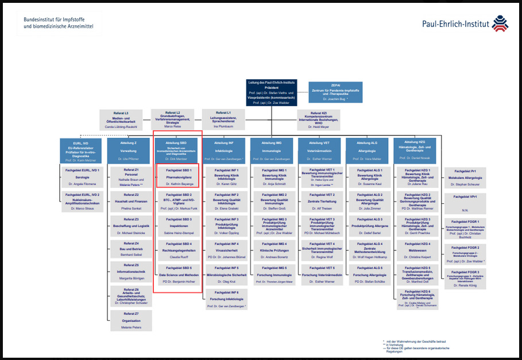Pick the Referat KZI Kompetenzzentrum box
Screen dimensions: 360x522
coord(319,119)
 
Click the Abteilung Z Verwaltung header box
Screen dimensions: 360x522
coord(128,149)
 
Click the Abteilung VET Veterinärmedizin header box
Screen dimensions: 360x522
coord(319,149)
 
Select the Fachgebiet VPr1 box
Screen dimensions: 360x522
coord(465,203)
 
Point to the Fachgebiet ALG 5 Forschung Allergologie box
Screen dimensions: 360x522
coord(369,275)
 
